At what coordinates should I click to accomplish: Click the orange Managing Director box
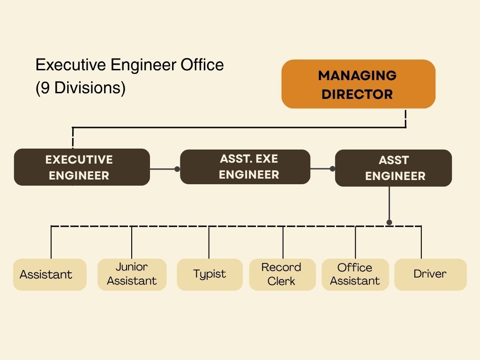click(x=358, y=84)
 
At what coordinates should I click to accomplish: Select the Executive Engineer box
click(x=82, y=167)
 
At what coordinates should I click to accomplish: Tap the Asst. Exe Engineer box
click(x=245, y=167)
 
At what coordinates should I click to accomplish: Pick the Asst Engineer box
click(x=393, y=168)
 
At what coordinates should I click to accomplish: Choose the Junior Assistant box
click(x=132, y=274)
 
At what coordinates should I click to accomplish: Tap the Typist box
click(x=210, y=274)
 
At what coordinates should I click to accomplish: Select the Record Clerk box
click(x=282, y=274)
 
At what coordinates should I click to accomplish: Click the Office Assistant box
click(x=355, y=274)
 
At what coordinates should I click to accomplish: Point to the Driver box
click(x=430, y=274)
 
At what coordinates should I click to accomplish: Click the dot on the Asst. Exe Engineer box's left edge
click(x=177, y=169)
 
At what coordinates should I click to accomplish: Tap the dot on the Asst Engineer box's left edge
click(x=332, y=169)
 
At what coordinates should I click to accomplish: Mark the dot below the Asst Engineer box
click(x=389, y=222)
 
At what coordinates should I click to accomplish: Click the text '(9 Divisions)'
click(x=81, y=88)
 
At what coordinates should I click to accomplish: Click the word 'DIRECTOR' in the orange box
click(x=357, y=94)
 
